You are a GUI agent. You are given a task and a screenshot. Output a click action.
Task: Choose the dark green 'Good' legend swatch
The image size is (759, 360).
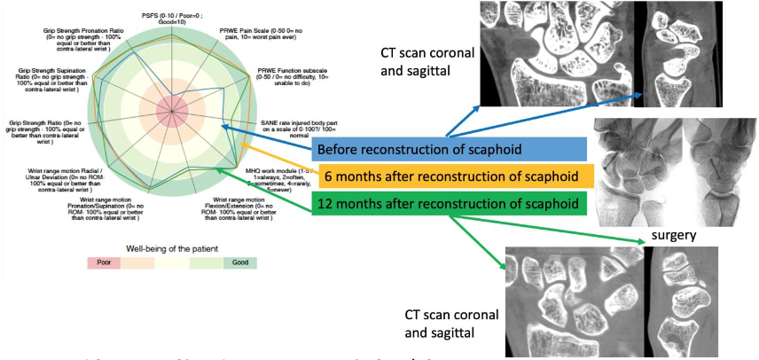point(240,263)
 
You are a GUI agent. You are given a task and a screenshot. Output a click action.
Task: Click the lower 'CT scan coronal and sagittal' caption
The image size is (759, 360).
point(450,325)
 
